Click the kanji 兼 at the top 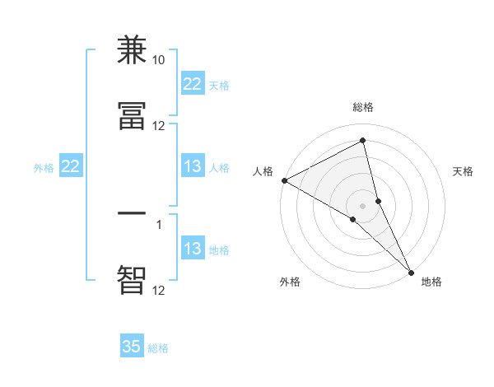click(132, 50)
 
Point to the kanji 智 click(132, 280)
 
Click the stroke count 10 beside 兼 click(159, 60)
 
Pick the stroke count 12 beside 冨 click(159, 126)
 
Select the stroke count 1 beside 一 click(159, 223)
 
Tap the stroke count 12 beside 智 click(159, 290)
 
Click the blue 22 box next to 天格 click(193, 83)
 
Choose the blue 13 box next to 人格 click(193, 166)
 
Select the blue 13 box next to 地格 click(193, 249)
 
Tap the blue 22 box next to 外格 click(71, 166)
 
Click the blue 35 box click(132, 347)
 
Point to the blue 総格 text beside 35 click(158, 348)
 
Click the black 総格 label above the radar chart click(363, 107)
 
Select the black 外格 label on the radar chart click(290, 282)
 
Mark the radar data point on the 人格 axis click(284, 180)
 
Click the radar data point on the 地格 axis click(411, 271)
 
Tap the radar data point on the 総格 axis click(363, 140)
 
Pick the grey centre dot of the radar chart click(363, 205)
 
